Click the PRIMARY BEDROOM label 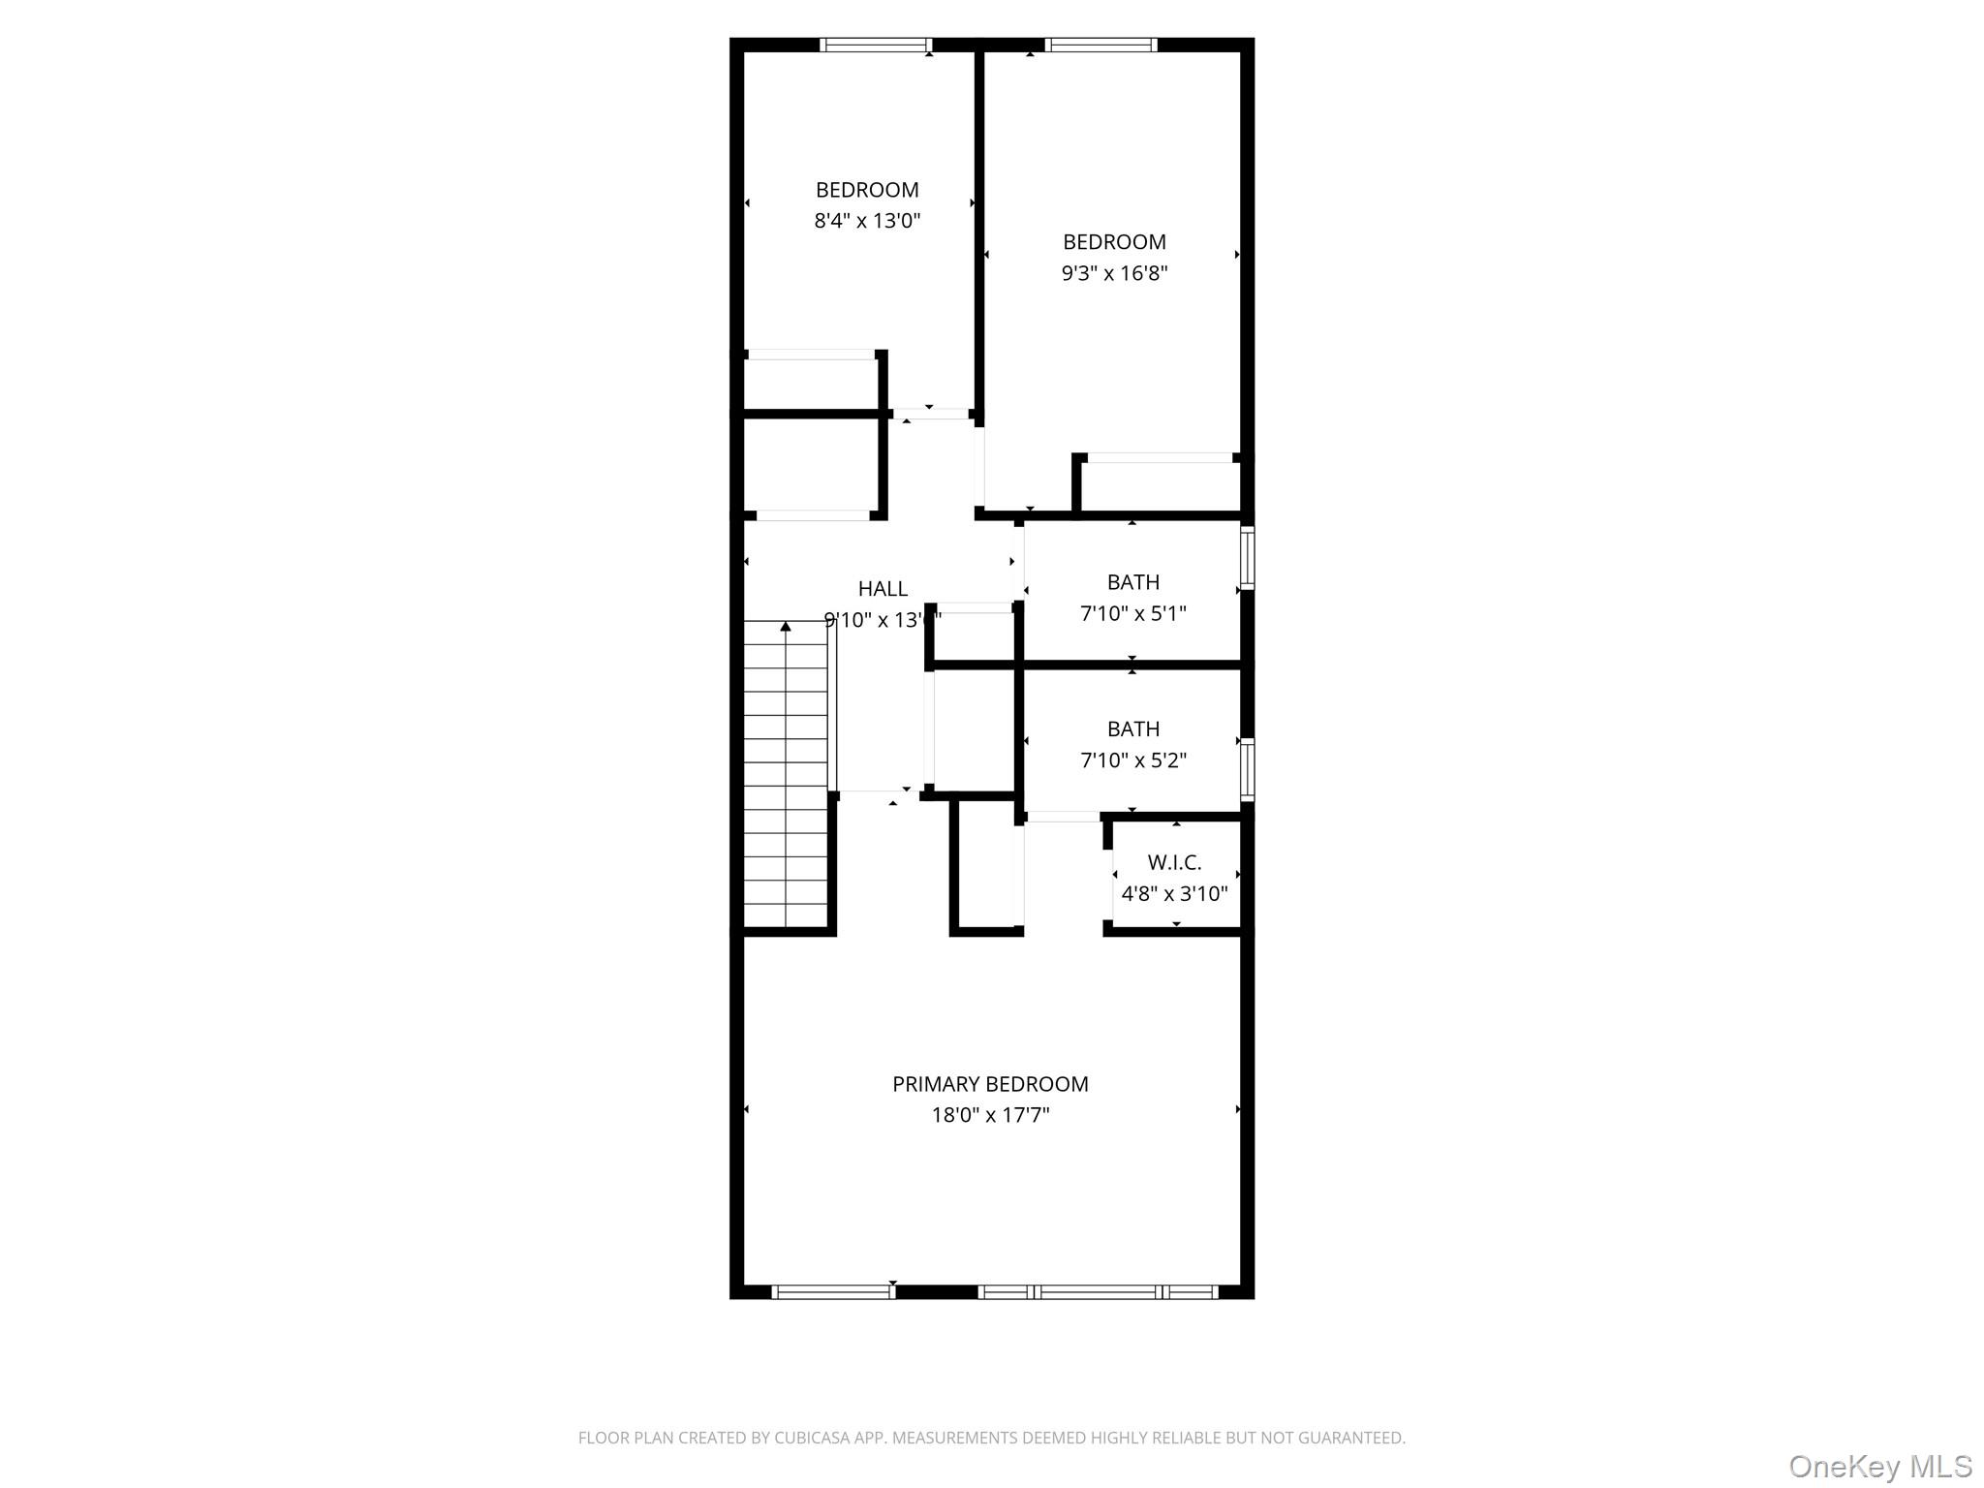[x=990, y=1084]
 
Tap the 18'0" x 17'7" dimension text [x=990, y=1115]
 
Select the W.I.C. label [x=1174, y=862]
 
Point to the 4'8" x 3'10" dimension [x=1174, y=893]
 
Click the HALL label [x=883, y=588]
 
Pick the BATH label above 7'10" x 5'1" [x=1133, y=582]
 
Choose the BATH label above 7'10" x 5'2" [x=1133, y=728]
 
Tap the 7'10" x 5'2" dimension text [x=1133, y=760]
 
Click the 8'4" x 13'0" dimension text [x=867, y=221]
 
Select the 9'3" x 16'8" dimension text [x=1114, y=273]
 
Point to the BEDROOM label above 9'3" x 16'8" [x=1114, y=242]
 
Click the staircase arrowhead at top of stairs [x=786, y=627]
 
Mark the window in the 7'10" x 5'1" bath [x=1248, y=557]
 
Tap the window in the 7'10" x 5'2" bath [x=1248, y=769]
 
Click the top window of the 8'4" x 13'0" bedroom [x=876, y=45]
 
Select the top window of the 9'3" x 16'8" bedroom [x=1101, y=45]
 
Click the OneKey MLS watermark [x=1879, y=1466]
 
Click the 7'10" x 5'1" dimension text [x=1133, y=613]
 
